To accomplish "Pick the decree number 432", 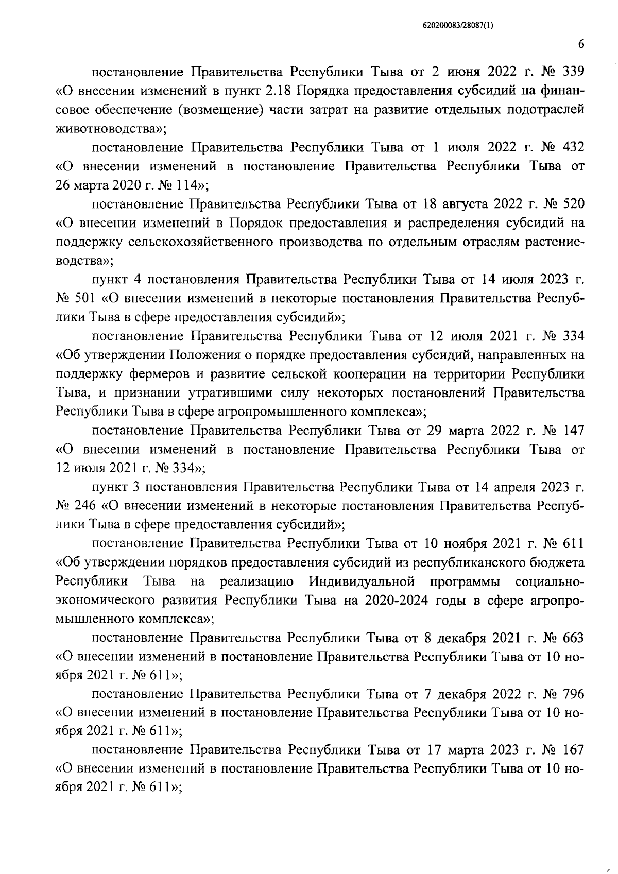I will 573,147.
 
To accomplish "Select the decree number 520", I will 573,204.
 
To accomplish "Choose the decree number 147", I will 573,430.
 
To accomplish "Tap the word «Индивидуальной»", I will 362,582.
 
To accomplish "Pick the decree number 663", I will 573,638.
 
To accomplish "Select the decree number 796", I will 573,695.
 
